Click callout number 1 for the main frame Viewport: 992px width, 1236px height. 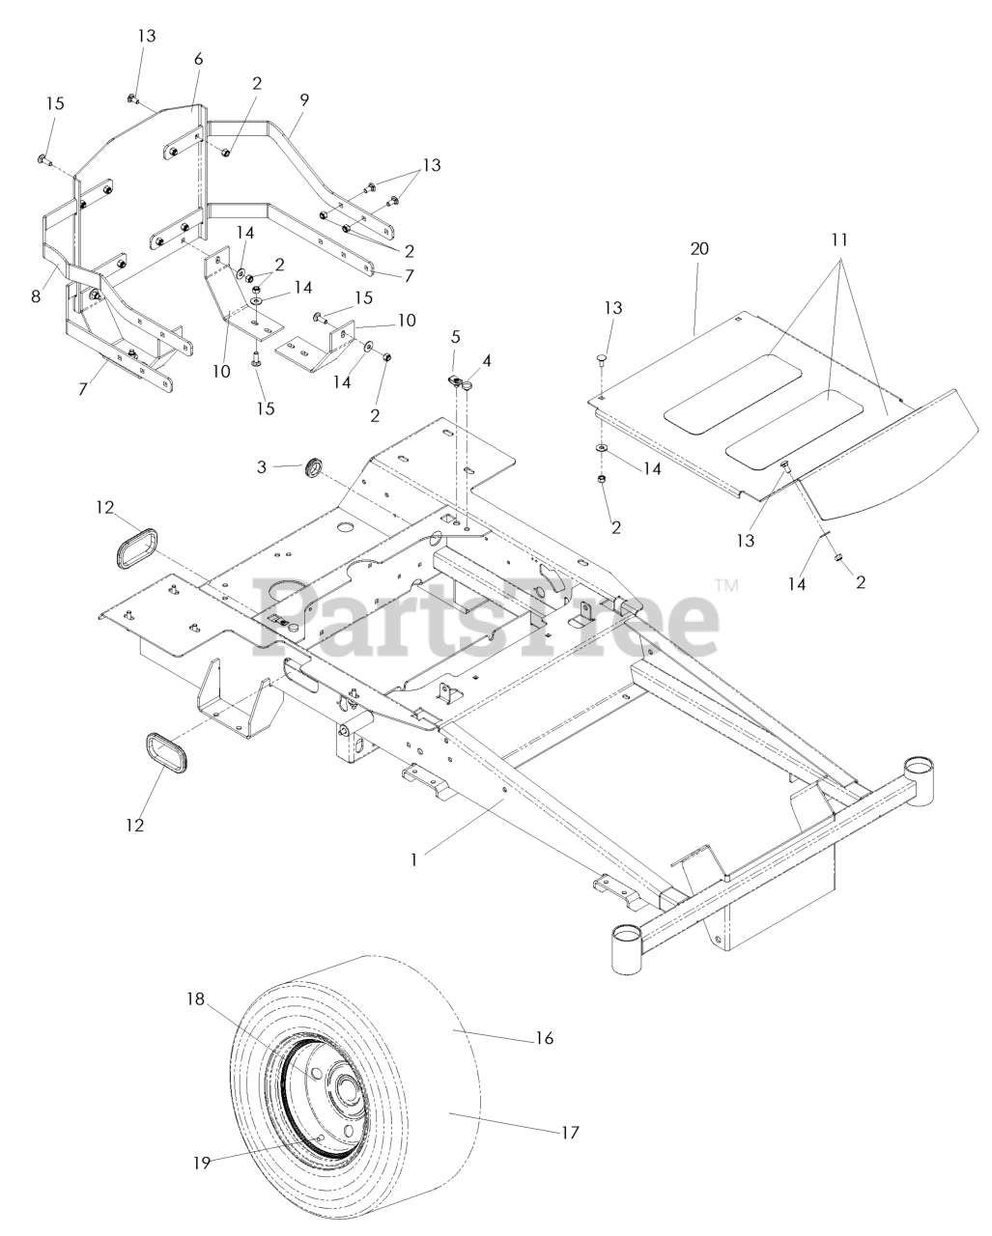(x=414, y=857)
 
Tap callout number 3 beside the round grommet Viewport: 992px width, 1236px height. (x=262, y=466)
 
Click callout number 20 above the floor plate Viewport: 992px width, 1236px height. (x=699, y=248)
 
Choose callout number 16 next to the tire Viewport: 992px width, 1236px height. (x=544, y=1038)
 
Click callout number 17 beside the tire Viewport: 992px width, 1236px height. (x=571, y=1132)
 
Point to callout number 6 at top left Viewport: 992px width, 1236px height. (x=199, y=59)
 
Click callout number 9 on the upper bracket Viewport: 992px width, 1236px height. (x=304, y=99)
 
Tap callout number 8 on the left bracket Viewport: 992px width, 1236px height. (x=36, y=296)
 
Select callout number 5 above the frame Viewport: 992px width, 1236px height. (x=455, y=338)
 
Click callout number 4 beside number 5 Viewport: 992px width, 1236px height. (x=487, y=361)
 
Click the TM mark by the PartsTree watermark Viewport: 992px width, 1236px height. (x=726, y=584)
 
